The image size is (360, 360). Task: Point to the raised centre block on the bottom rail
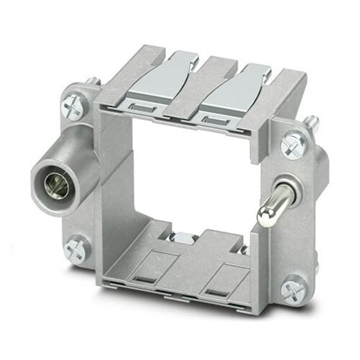click(189, 251)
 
